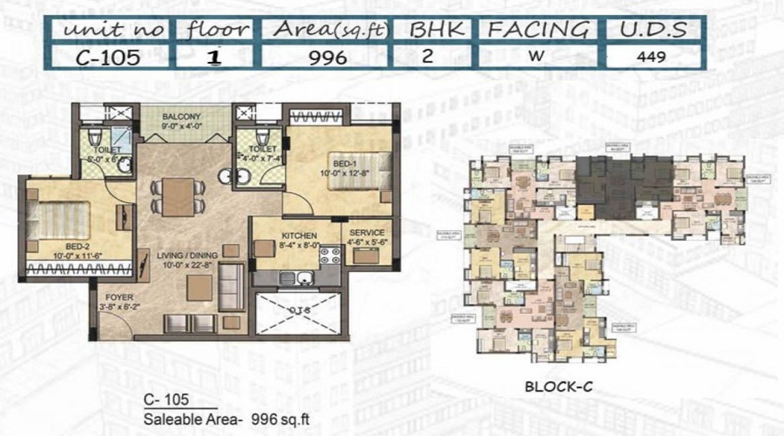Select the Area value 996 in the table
[324, 58]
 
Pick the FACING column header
[537, 29]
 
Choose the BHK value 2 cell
[433, 58]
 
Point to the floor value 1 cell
[211, 58]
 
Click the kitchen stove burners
[329, 257]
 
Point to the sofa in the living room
[231, 281]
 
